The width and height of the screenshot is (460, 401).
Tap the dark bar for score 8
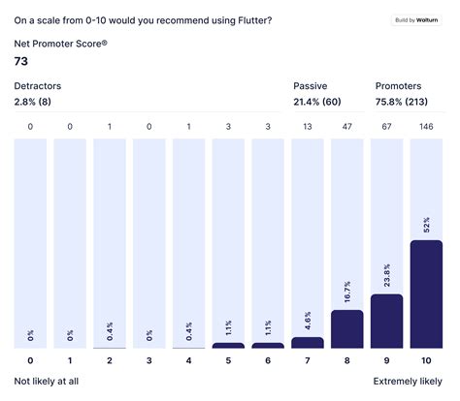click(347, 329)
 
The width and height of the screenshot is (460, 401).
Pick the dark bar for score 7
click(308, 343)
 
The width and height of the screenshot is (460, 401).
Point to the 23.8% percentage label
click(387, 276)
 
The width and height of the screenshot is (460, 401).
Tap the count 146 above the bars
click(426, 125)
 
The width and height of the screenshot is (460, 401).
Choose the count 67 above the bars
click(387, 125)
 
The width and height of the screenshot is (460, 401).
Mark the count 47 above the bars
click(347, 125)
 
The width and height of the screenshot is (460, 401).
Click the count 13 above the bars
click(308, 125)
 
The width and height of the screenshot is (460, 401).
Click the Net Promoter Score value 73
click(21, 61)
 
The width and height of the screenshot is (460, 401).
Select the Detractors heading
click(37, 86)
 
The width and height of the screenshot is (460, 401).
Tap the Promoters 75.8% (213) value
click(407, 102)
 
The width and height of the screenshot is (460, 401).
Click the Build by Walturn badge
click(417, 19)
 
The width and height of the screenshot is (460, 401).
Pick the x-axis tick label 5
click(228, 361)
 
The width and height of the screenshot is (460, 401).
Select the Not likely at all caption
click(47, 382)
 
